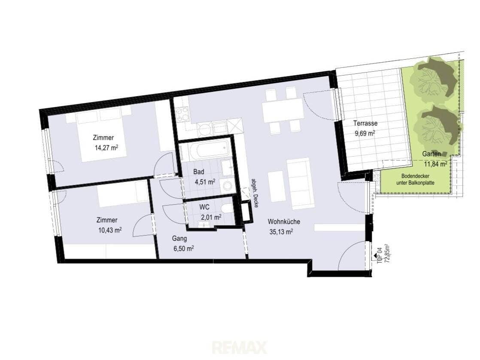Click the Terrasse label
(365, 123)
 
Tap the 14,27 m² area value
(106, 148)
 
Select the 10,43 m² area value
(109, 230)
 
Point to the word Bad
(199, 172)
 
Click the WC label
(204, 207)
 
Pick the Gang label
(179, 238)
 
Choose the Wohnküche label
(284, 221)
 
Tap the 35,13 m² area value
(281, 232)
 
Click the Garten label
(431, 154)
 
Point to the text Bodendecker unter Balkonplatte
(415, 179)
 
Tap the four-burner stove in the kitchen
(182, 114)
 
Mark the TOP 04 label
(380, 255)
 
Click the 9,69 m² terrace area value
(365, 133)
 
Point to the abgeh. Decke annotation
(255, 193)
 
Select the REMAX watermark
(240, 348)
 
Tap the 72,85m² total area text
(386, 254)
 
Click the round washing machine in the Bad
(227, 185)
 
